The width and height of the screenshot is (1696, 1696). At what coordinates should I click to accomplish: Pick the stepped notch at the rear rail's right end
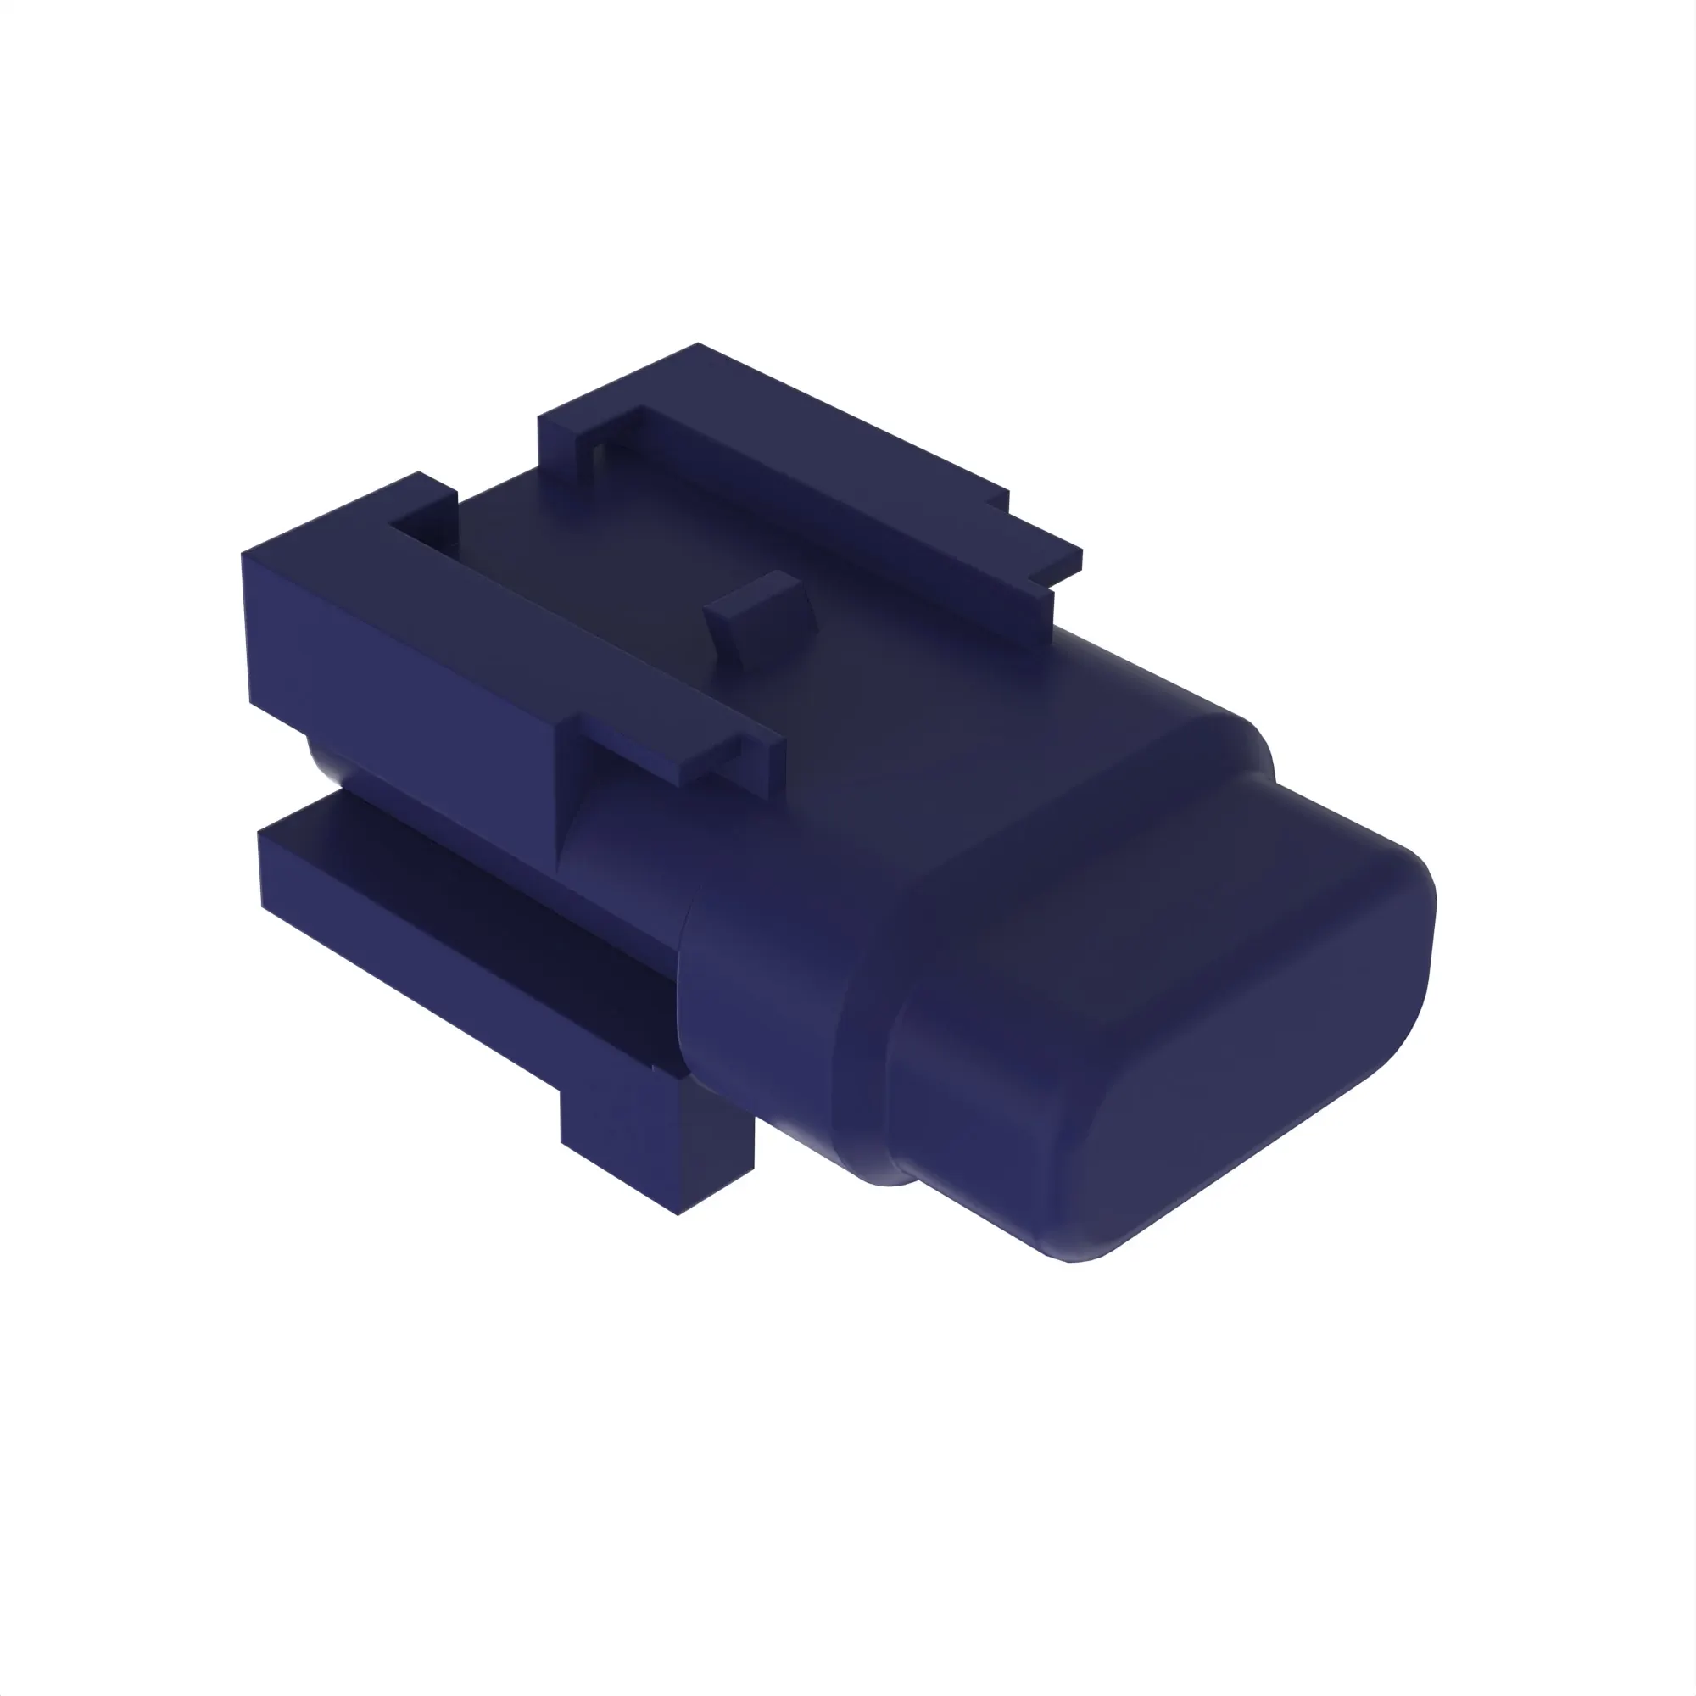(1045, 562)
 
